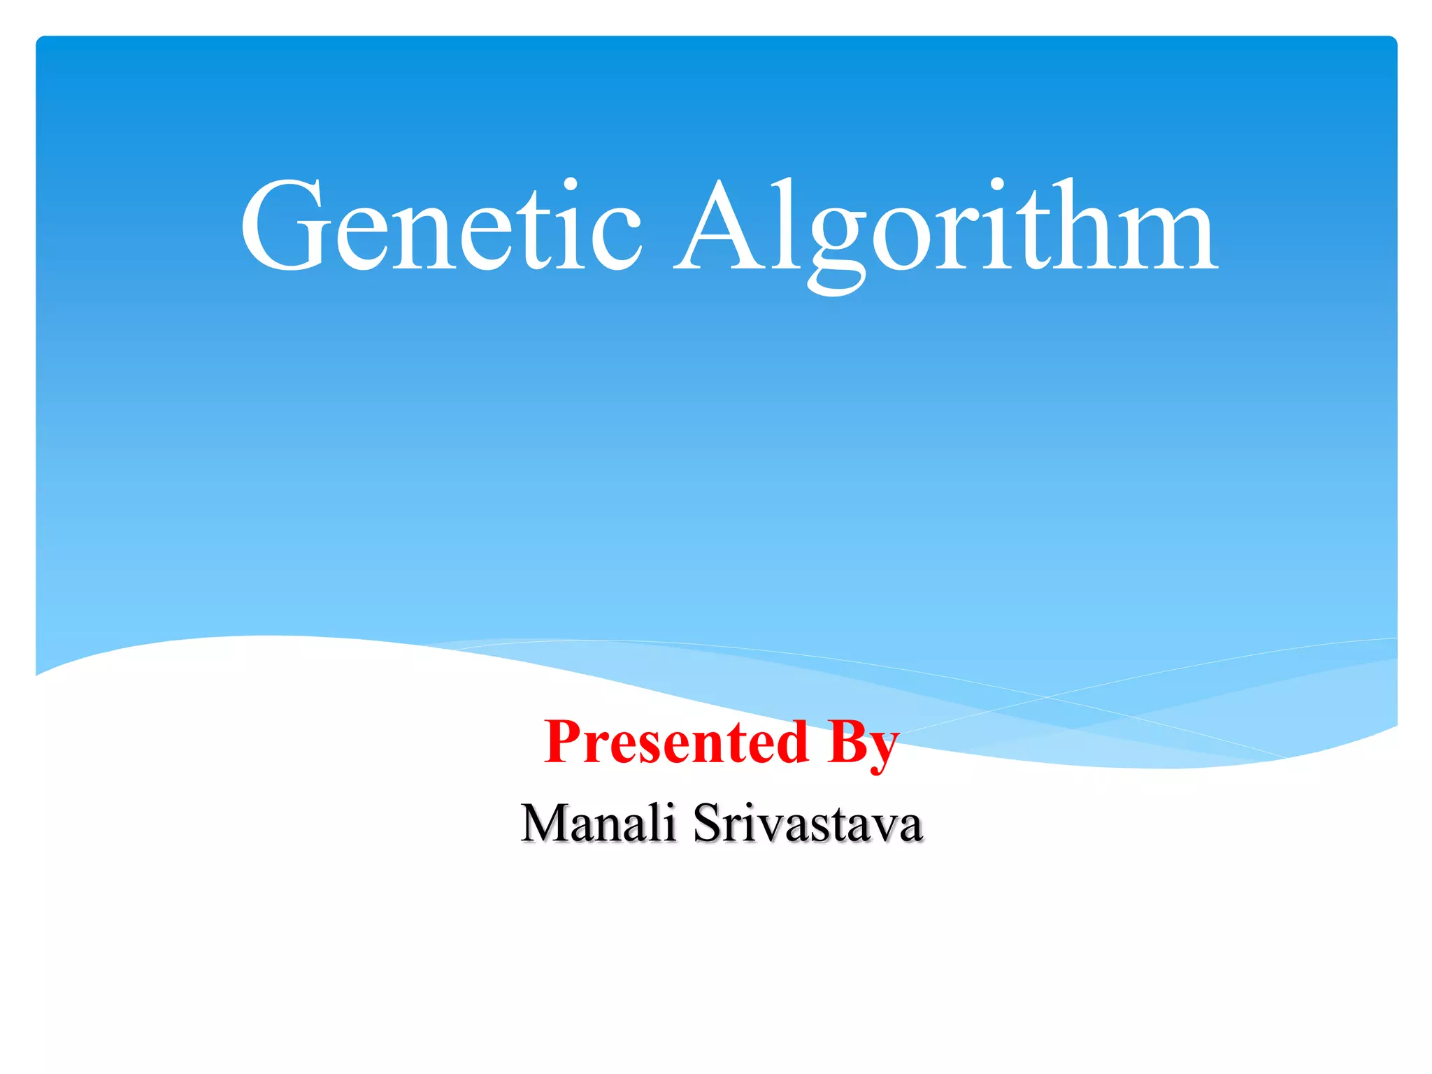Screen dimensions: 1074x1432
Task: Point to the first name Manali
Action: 599,824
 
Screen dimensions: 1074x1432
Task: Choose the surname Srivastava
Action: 808,824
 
